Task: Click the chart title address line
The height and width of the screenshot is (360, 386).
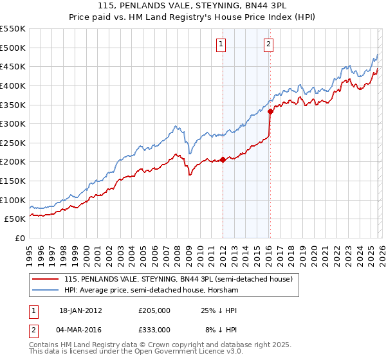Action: (193, 6)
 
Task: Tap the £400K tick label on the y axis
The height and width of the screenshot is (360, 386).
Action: (13, 85)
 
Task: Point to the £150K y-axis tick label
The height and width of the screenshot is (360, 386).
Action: (13, 181)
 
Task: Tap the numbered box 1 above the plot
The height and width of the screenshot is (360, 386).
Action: (221, 44)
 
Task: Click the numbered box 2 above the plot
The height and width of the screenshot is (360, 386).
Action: (268, 44)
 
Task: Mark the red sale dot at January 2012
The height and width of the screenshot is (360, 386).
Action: (223, 160)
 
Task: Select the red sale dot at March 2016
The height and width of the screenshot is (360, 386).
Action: (270, 111)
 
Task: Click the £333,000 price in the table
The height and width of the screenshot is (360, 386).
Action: (154, 329)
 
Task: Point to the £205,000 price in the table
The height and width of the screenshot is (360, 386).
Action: (154, 310)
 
